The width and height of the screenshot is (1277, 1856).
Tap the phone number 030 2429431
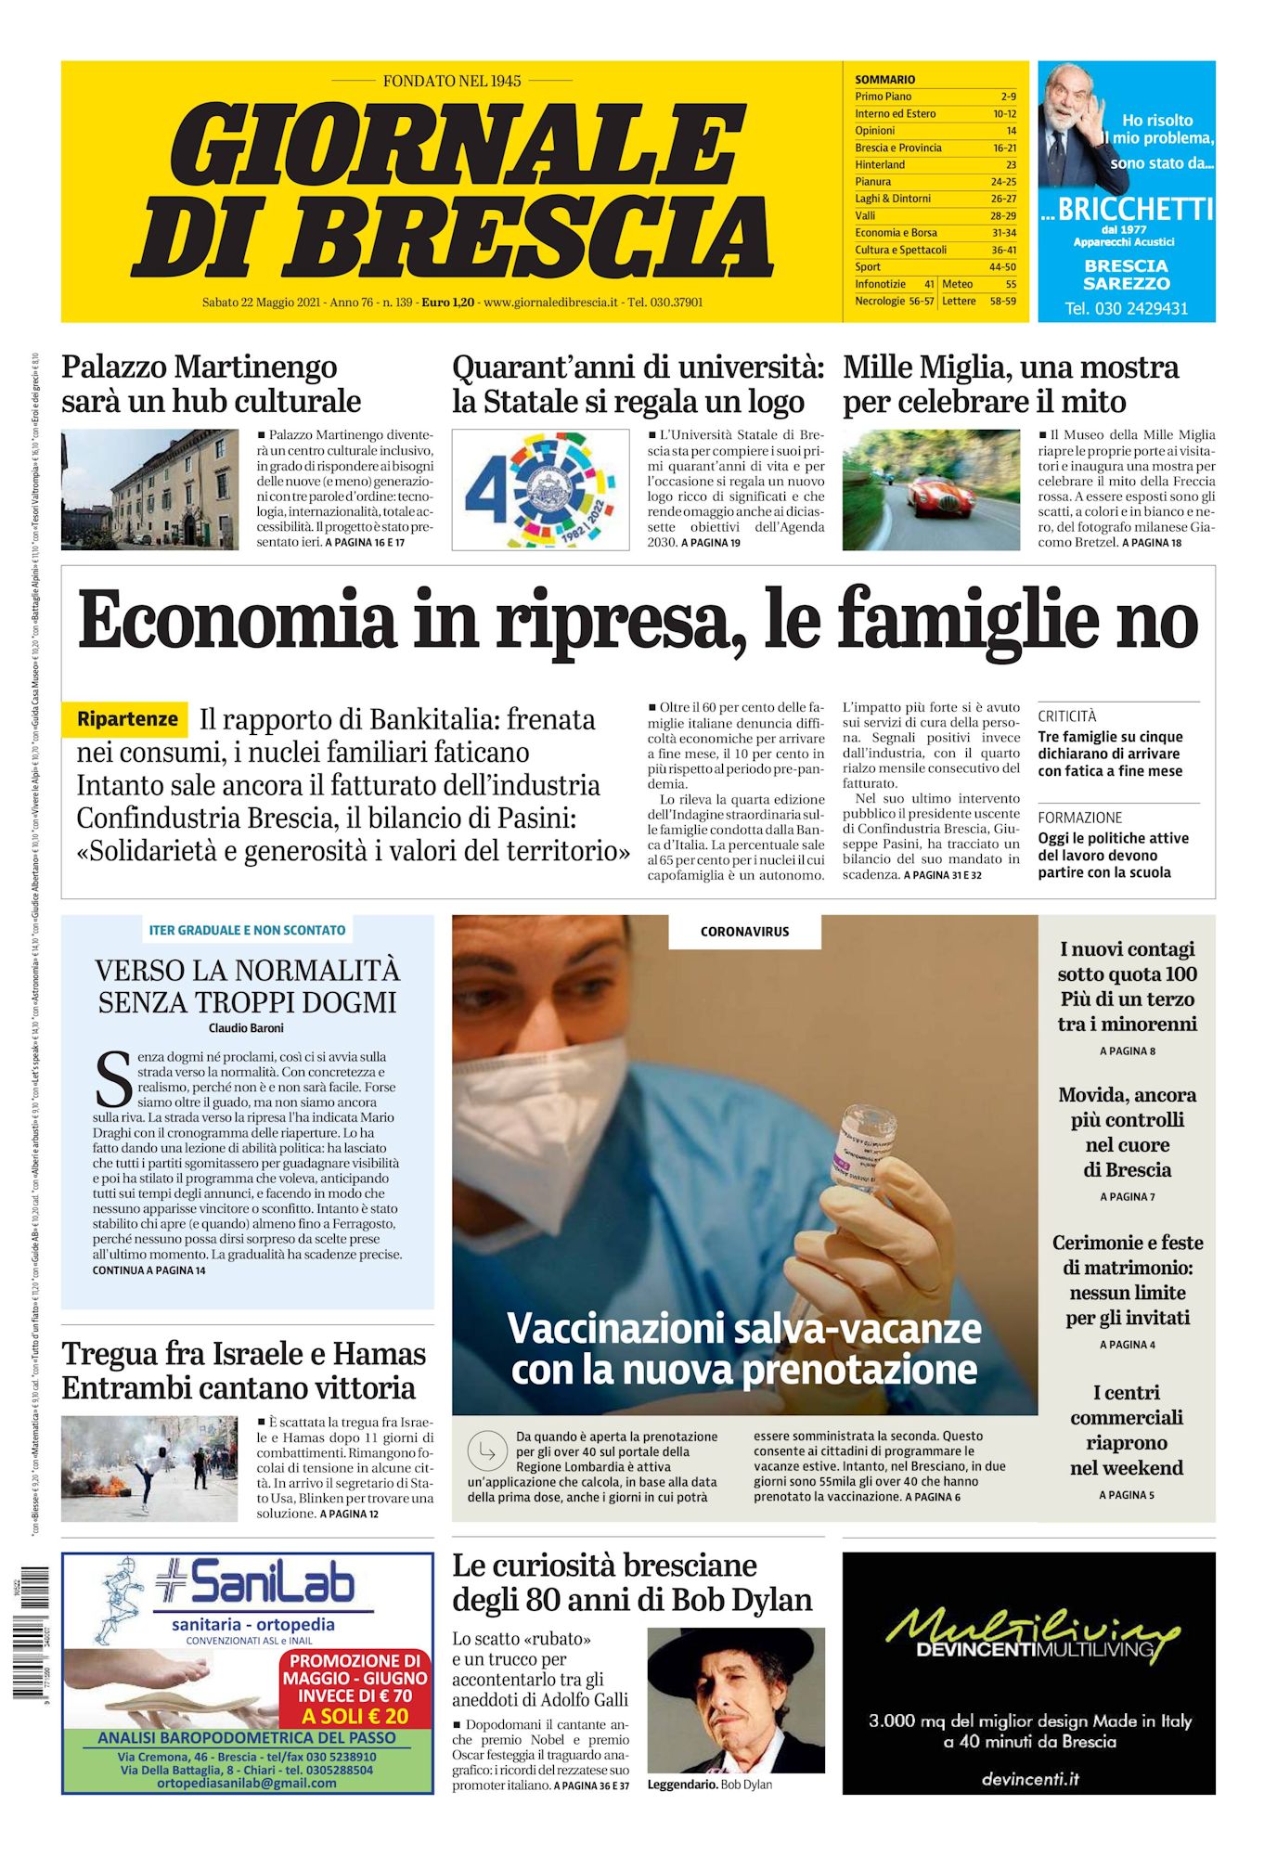(1126, 309)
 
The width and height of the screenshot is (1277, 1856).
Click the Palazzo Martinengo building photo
(149, 489)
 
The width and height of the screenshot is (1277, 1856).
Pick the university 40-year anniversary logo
(540, 489)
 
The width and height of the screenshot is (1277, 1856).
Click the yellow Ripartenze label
(126, 719)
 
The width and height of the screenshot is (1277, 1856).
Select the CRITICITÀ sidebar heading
(1066, 716)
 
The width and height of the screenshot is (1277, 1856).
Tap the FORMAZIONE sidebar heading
(1079, 818)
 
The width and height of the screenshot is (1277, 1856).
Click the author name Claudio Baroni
(246, 1028)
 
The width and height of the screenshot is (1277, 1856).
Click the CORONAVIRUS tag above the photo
(744, 932)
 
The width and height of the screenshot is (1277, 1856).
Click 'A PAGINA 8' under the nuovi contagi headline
(1127, 1051)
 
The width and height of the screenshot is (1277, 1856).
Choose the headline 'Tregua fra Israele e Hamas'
(243, 1354)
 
